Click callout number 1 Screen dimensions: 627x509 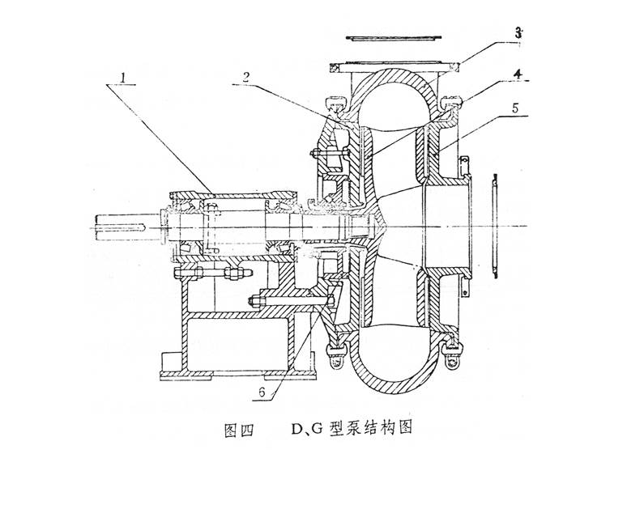pos(124,78)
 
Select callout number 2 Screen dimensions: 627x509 pos(246,77)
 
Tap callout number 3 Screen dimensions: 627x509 pos(518,32)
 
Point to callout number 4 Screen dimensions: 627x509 pos(518,74)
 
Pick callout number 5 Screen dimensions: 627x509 pos(516,108)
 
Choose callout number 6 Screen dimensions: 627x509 pos(262,392)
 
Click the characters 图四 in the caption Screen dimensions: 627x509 pos(239,430)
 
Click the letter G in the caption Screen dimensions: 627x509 pos(318,430)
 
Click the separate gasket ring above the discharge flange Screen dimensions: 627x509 pos(394,38)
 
